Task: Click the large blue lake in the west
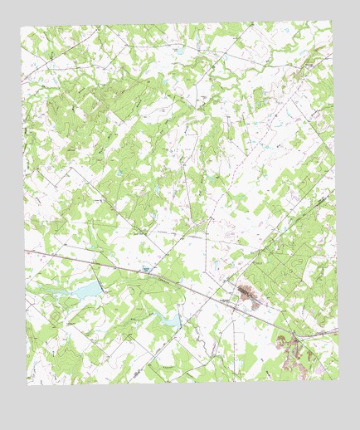pos(85,290)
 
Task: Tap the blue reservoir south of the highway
pos(168,320)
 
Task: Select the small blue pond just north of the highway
pos(146,269)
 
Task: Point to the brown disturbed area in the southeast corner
pos(290,353)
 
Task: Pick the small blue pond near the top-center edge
pos(178,51)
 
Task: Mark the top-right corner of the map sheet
pos(330,21)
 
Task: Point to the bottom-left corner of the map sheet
pos(27,384)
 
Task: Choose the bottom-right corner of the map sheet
pos(338,378)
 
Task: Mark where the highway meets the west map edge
pos(26,249)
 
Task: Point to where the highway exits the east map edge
pos(338,330)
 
